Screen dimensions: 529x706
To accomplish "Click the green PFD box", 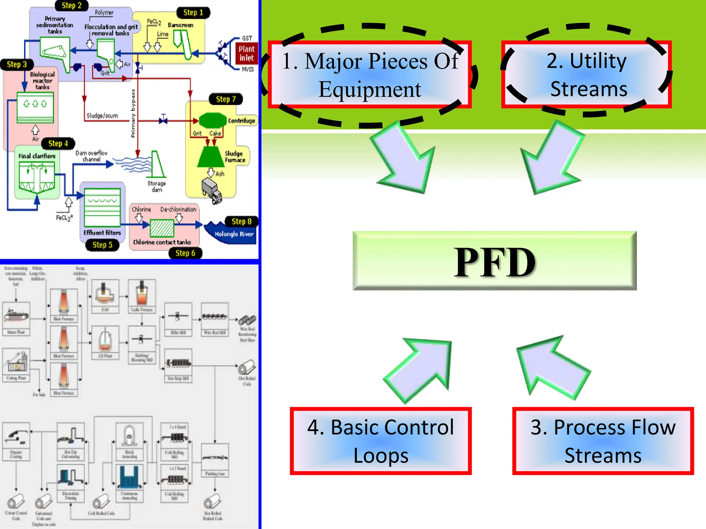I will click(494, 261).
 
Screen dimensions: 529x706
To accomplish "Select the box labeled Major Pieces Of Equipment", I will click(370, 75).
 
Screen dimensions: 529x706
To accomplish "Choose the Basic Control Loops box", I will click(381, 441).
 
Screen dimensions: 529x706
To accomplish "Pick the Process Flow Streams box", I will click(603, 441).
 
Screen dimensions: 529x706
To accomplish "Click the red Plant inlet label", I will click(246, 53).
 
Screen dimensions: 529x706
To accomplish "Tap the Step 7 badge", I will click(226, 99).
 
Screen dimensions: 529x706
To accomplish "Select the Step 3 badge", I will click(17, 64).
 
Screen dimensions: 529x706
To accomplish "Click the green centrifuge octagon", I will click(212, 121).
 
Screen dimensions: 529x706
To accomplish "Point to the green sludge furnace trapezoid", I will click(211, 157).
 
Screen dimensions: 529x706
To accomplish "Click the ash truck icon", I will click(211, 190).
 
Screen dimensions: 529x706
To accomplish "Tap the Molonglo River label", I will click(234, 234).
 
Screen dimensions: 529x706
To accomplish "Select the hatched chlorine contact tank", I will click(162, 228).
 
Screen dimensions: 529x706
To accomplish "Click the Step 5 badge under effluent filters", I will click(102, 245).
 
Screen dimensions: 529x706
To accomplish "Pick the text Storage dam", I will click(157, 187).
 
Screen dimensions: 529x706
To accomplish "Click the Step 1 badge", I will click(193, 13).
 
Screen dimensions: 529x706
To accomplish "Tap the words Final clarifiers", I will click(37, 156).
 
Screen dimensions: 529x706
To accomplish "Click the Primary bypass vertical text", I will click(133, 113).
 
